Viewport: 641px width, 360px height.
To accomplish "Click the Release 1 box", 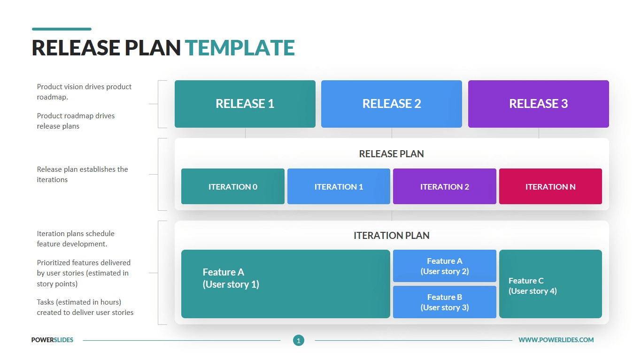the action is (245, 104).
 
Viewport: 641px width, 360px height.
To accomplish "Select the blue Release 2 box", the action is (392, 104).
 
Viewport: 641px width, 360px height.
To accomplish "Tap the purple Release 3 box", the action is (539, 104).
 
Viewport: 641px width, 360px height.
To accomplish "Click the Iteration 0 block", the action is (232, 186).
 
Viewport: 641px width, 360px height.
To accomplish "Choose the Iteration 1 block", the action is (339, 186).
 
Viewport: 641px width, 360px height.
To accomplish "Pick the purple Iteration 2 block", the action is (444, 186).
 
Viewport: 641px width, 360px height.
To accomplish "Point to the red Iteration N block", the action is (550, 186).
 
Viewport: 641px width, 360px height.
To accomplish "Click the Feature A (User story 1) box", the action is (286, 284).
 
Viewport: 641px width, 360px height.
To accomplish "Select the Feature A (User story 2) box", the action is (444, 266).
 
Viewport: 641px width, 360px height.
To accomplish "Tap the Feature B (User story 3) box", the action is (444, 302).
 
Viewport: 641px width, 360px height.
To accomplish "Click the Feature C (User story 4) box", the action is (550, 284).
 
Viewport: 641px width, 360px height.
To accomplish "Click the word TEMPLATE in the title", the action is (240, 47).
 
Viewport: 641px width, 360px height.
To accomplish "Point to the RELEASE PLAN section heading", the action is (392, 154).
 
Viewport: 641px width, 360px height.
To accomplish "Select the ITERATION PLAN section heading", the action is (392, 235).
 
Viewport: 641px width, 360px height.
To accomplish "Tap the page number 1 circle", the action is (299, 340).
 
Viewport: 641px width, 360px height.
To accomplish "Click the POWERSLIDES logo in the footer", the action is (52, 340).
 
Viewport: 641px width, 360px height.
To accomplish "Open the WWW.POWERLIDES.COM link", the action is (556, 340).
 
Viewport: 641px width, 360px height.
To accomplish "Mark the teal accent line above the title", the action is (62, 29).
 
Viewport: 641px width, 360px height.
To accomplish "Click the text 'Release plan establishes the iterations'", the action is (83, 175).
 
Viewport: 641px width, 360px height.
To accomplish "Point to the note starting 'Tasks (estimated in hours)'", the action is (85, 307).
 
